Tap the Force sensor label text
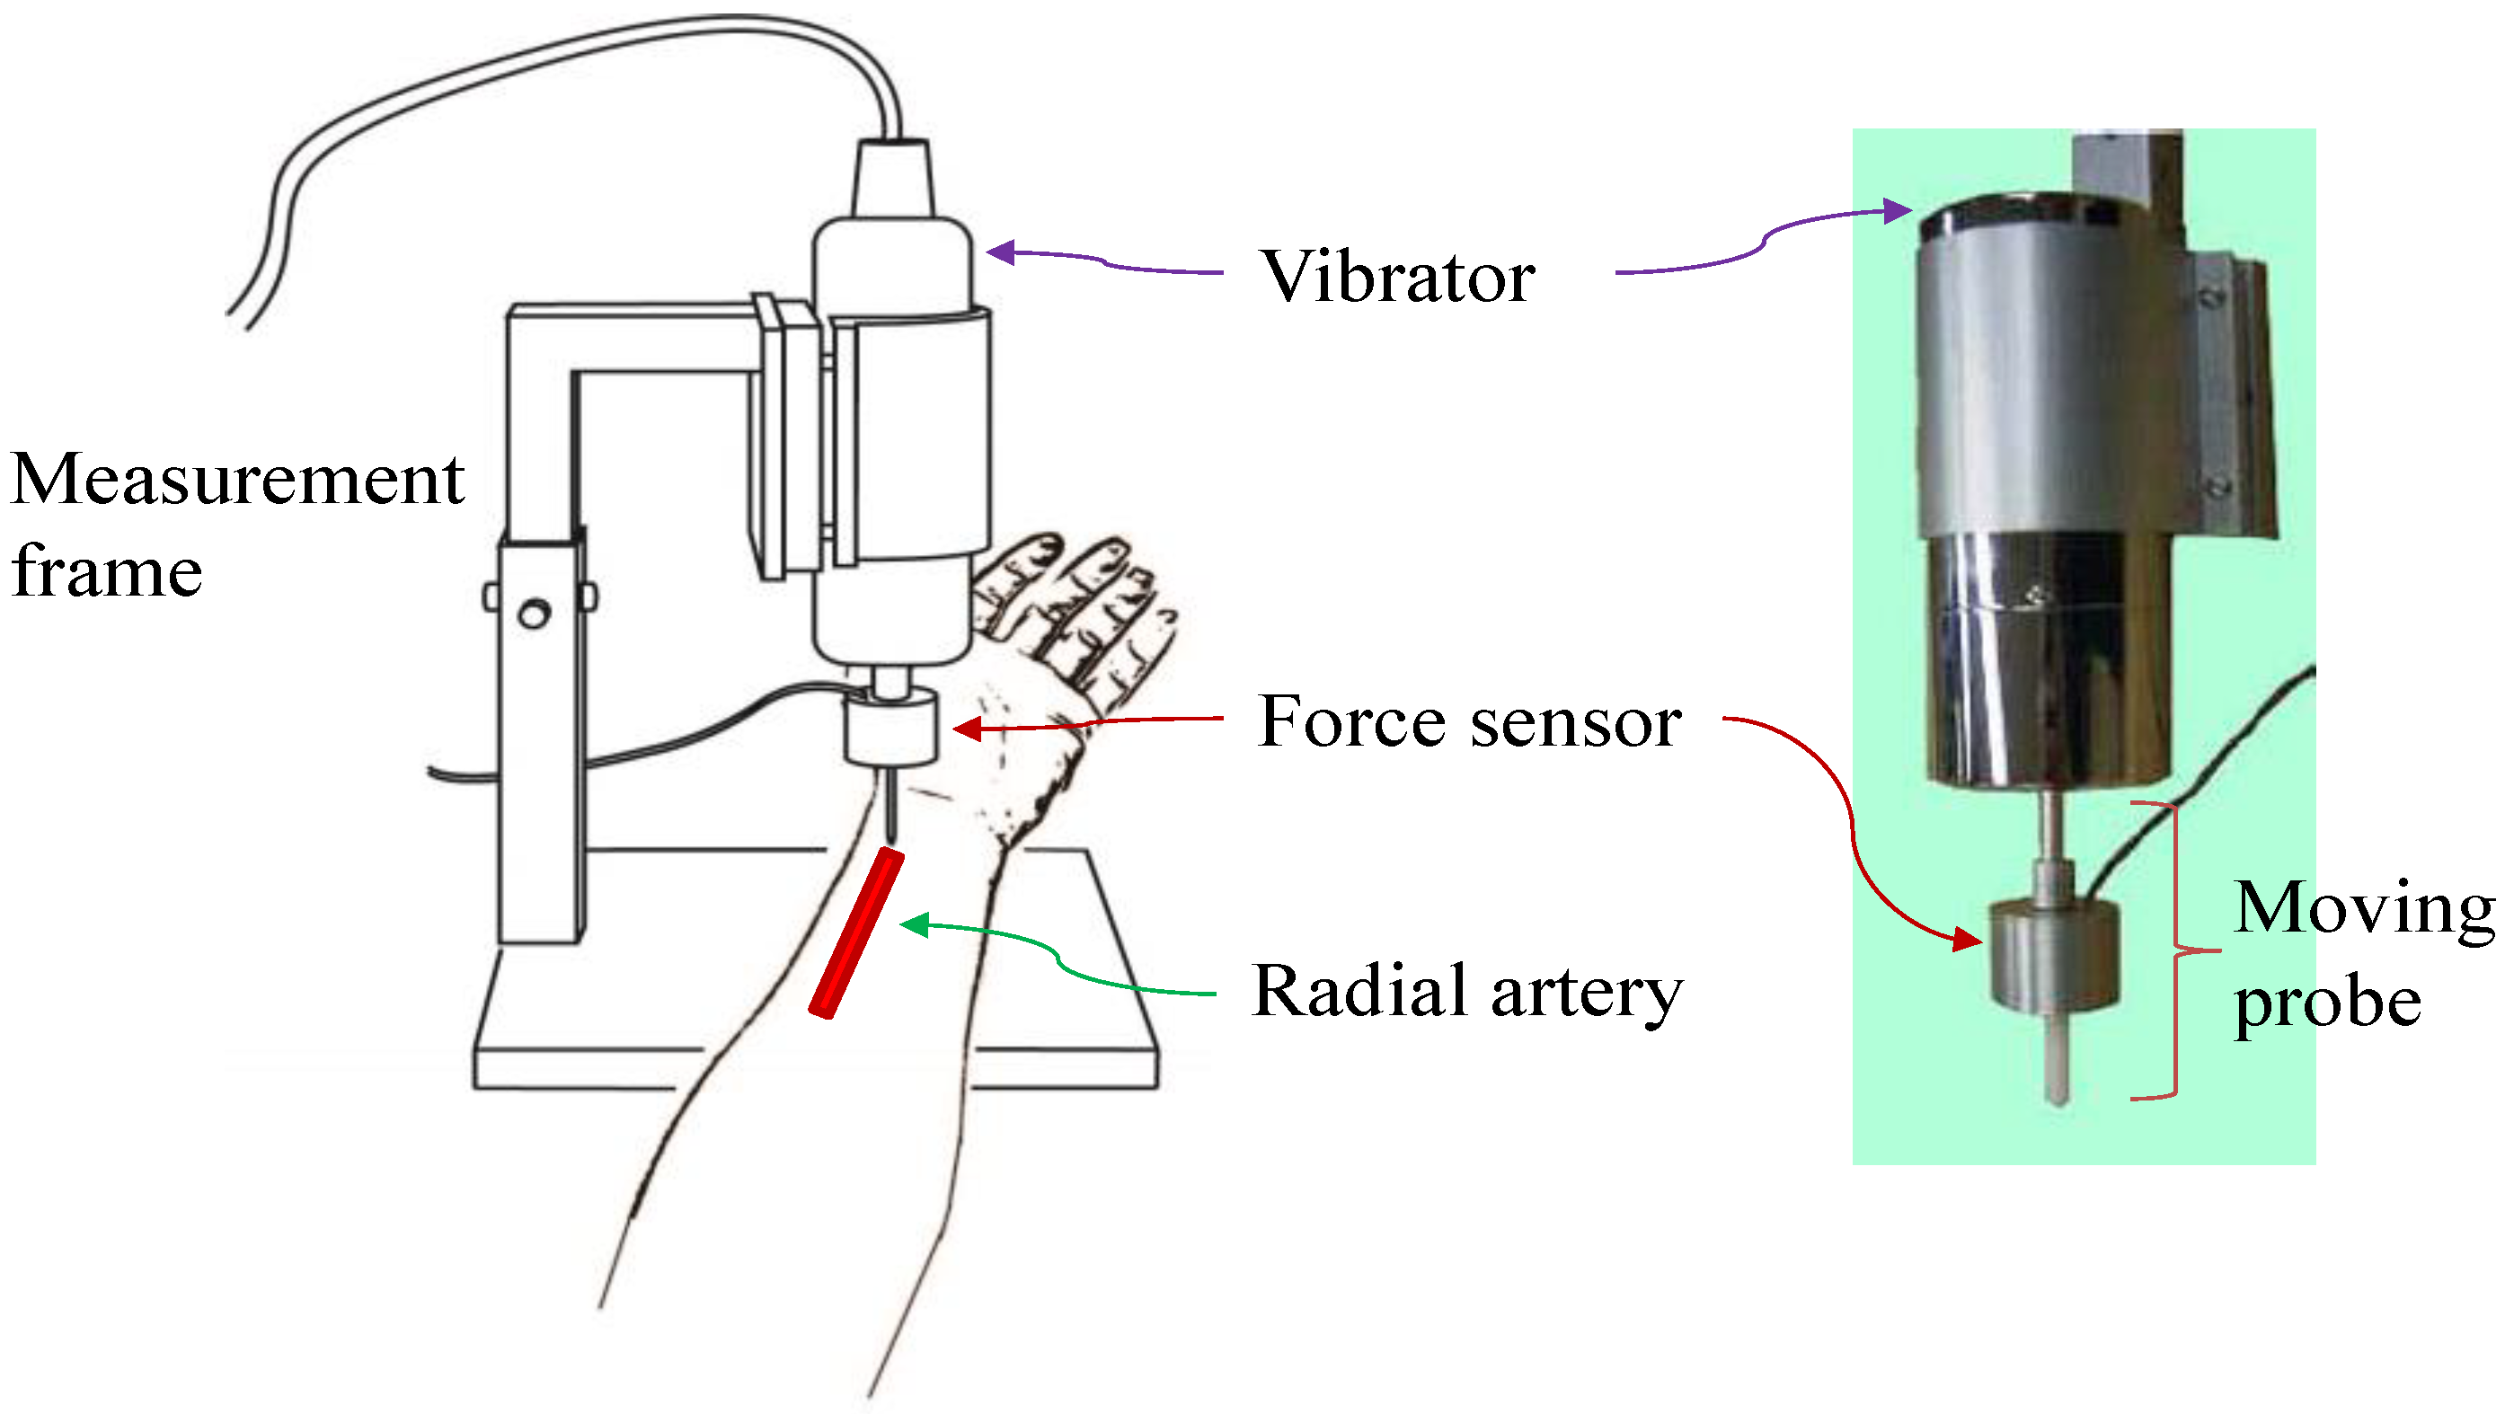pos(1468,721)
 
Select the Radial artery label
pos(1466,991)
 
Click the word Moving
pos(2364,908)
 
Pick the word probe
pos(2327,1002)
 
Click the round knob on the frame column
pos(534,614)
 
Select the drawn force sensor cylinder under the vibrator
pos(890,728)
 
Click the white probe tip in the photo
pos(2057,1065)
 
